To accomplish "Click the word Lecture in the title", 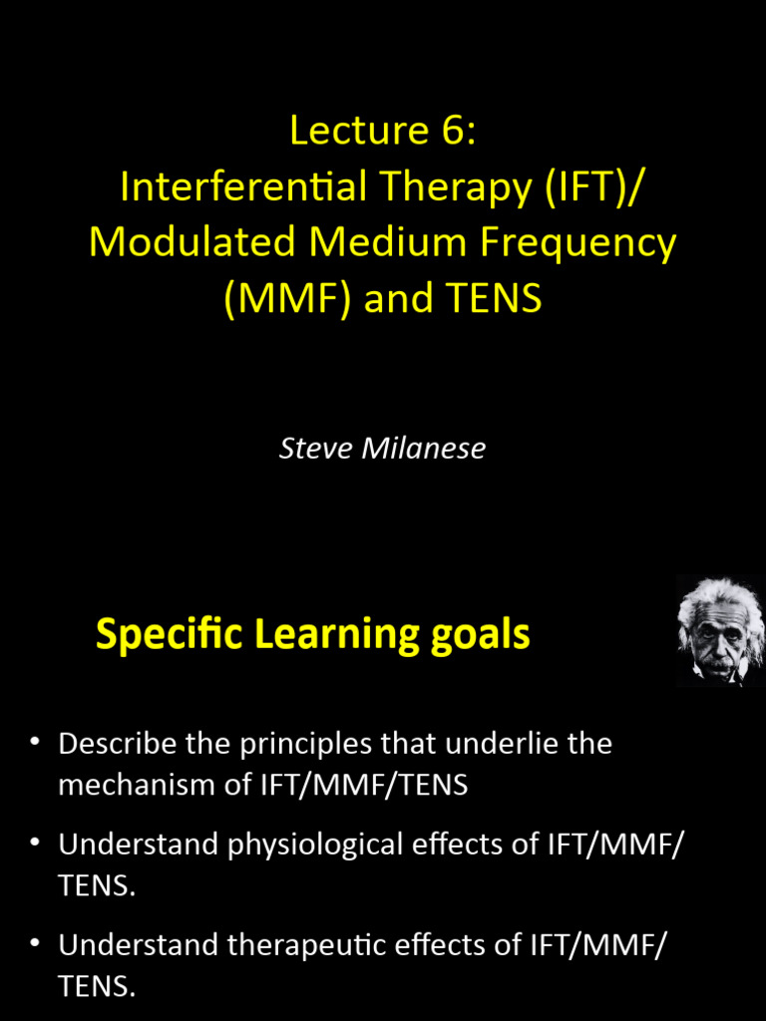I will (349, 131).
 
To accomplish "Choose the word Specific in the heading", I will (169, 635).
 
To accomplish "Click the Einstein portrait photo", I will (719, 630).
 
